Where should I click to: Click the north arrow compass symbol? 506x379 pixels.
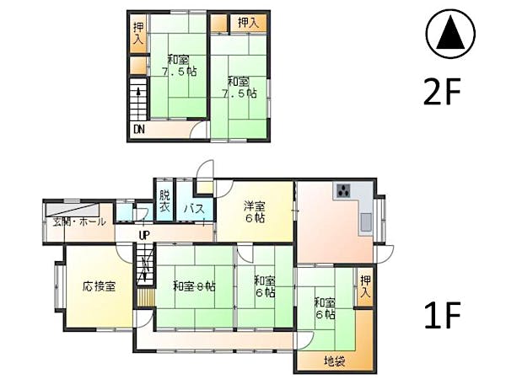[451, 36]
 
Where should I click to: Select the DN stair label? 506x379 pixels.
[138, 131]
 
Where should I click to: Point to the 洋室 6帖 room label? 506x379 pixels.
[255, 211]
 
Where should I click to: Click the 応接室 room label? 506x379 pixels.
[100, 286]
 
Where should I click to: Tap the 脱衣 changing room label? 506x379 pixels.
[164, 203]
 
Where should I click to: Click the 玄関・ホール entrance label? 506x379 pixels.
[79, 222]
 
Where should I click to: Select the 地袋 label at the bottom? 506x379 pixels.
[334, 361]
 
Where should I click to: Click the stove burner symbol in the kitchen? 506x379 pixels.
[343, 190]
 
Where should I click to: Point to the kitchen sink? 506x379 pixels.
[367, 222]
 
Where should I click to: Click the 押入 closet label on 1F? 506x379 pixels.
[364, 286]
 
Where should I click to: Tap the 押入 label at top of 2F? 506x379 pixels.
[247, 23]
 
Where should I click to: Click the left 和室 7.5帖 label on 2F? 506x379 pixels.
[179, 66]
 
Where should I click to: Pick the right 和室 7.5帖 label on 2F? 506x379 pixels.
[239, 88]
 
